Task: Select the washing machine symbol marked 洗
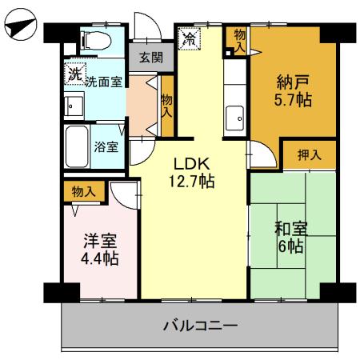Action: pos(74,74)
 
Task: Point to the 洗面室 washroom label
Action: pos(103,81)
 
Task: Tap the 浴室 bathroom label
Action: pos(106,147)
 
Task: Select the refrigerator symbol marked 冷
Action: pos(191,38)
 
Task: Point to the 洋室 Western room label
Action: pos(101,239)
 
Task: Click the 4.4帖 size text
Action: pos(101,258)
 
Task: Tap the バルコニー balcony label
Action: pos(200,326)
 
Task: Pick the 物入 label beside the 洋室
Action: pos(83,192)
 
